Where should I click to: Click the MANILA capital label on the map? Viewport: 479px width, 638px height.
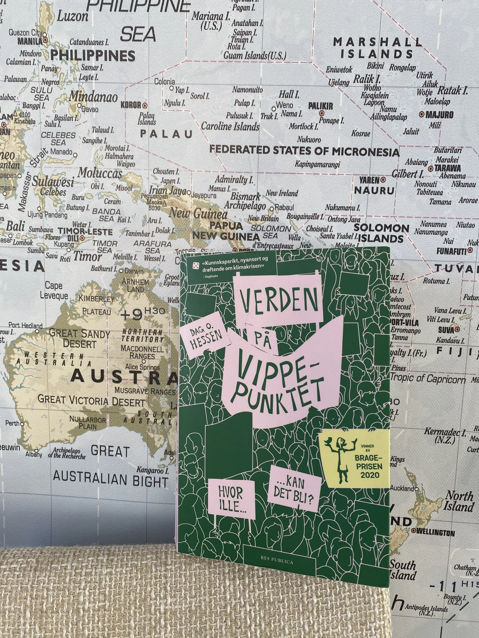tap(30, 41)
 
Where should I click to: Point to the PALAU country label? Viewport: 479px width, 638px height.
tap(166, 134)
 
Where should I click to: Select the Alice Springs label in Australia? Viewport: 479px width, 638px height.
tap(142, 367)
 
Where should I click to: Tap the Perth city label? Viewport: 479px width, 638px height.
tap(12, 423)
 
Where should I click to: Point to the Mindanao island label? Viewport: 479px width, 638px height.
tap(93, 97)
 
